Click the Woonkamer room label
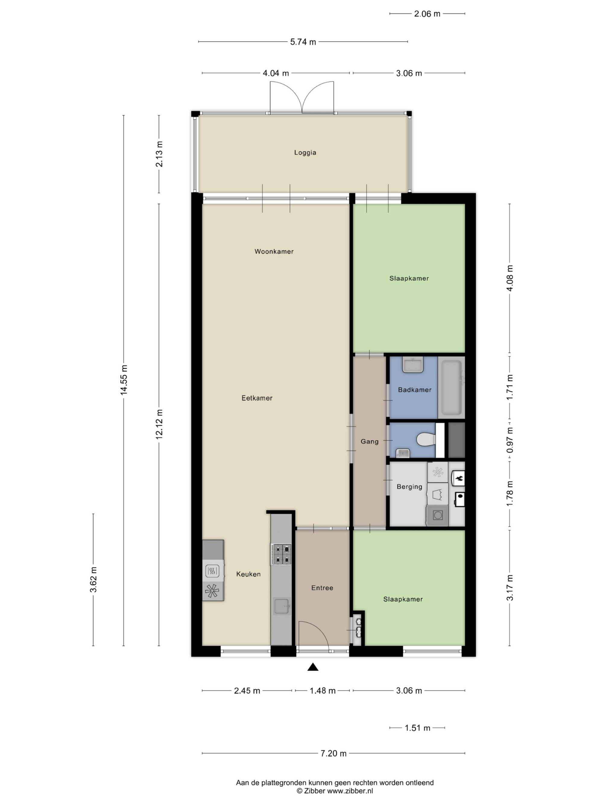pyautogui.click(x=274, y=251)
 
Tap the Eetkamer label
pyautogui.click(x=257, y=398)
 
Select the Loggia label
pyautogui.click(x=305, y=153)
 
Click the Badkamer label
pyautogui.click(x=415, y=390)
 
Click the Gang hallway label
pyautogui.click(x=369, y=442)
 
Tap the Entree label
pyautogui.click(x=322, y=588)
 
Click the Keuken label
pyautogui.click(x=248, y=574)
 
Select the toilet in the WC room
pyautogui.click(x=426, y=440)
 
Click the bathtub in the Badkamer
pyautogui.click(x=451, y=387)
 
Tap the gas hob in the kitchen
pyautogui.click(x=281, y=554)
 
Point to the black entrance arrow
pyautogui.click(x=313, y=667)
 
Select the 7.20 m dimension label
pyautogui.click(x=333, y=753)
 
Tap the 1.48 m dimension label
pyautogui.click(x=322, y=691)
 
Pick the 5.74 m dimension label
pyautogui.click(x=303, y=42)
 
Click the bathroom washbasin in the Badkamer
pyautogui.click(x=413, y=365)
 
